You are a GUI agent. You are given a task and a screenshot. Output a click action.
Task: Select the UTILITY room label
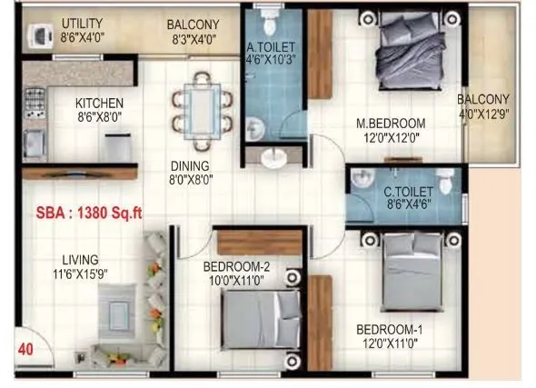83,23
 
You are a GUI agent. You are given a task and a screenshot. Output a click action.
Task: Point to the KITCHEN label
99,103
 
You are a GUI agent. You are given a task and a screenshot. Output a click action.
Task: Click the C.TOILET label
406,192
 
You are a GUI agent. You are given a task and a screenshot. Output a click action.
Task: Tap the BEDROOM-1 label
389,328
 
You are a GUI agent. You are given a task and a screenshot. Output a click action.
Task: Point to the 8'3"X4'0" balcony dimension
192,39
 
